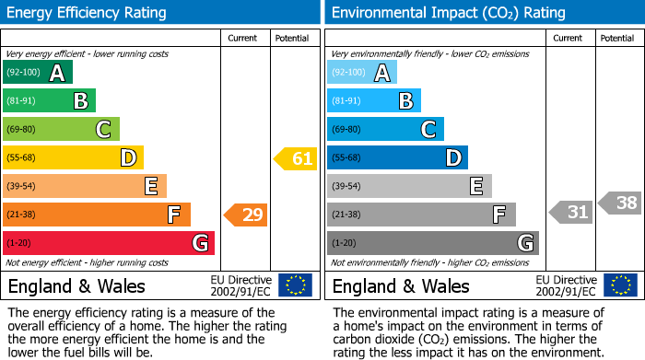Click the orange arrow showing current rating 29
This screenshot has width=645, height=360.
pos(246,215)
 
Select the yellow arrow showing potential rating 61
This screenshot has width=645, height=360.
pos(296,158)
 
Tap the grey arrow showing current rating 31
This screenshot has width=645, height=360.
pos(571,213)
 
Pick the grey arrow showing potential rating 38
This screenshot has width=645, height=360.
pos(620,203)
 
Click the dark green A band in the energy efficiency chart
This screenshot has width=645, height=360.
pos(38,73)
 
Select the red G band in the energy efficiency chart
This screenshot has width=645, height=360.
pos(109,243)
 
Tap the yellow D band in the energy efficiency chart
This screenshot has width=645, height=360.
pos(73,158)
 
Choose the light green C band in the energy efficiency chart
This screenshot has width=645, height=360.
pos(61,130)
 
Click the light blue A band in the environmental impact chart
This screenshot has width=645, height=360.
pos(362,73)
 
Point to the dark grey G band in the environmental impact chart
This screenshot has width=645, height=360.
pos(433,243)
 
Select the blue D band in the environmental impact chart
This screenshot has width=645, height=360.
pos(397,158)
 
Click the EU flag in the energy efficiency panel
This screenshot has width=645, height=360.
pos(295,285)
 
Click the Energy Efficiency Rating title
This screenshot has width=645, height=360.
pos(88,13)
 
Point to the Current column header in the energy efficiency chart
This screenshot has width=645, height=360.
pos(242,38)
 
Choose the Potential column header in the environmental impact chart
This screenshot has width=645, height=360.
pos(617,38)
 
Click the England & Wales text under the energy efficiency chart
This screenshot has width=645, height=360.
pos(76,286)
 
